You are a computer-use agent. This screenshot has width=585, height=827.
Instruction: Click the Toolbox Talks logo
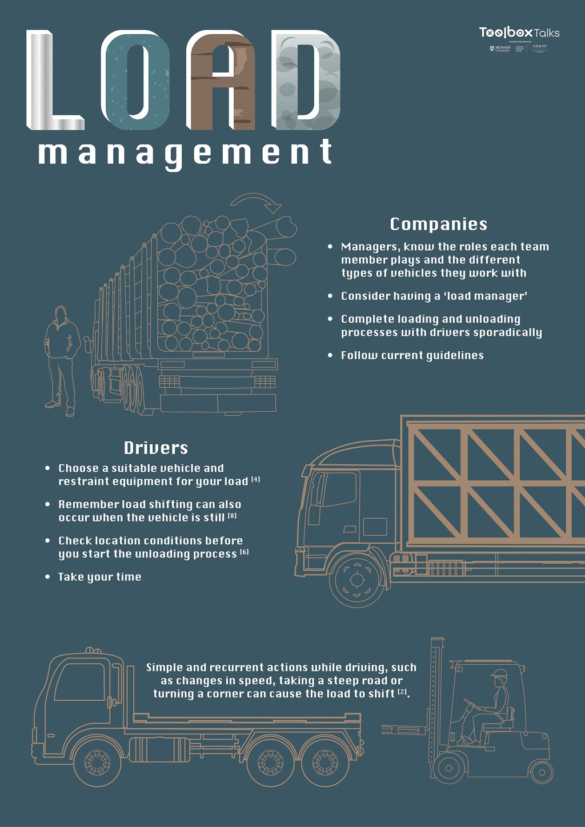coord(519,33)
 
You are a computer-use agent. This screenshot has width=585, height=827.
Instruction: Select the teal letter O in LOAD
coord(136,80)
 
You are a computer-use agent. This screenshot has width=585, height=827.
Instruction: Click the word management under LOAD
coord(185,153)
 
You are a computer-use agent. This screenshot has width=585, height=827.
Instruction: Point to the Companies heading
coord(438,224)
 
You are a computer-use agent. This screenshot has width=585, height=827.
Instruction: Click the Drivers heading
coord(155,448)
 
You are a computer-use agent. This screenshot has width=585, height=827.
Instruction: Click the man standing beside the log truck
coord(62,360)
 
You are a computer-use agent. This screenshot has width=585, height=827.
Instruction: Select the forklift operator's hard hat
coord(500,673)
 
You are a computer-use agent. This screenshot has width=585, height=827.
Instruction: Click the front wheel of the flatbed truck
coord(97,761)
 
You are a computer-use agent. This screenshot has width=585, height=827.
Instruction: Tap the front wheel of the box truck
coord(358,580)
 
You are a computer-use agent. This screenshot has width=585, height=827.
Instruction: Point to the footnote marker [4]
coord(255,480)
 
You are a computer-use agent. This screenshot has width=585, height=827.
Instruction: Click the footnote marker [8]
coord(232,516)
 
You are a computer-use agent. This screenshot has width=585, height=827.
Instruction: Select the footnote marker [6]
coord(244,552)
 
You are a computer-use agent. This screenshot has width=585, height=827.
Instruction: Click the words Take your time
coord(99,577)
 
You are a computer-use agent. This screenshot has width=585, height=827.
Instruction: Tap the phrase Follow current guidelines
coord(412,355)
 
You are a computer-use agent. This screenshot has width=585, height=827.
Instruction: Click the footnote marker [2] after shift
coord(403,692)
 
